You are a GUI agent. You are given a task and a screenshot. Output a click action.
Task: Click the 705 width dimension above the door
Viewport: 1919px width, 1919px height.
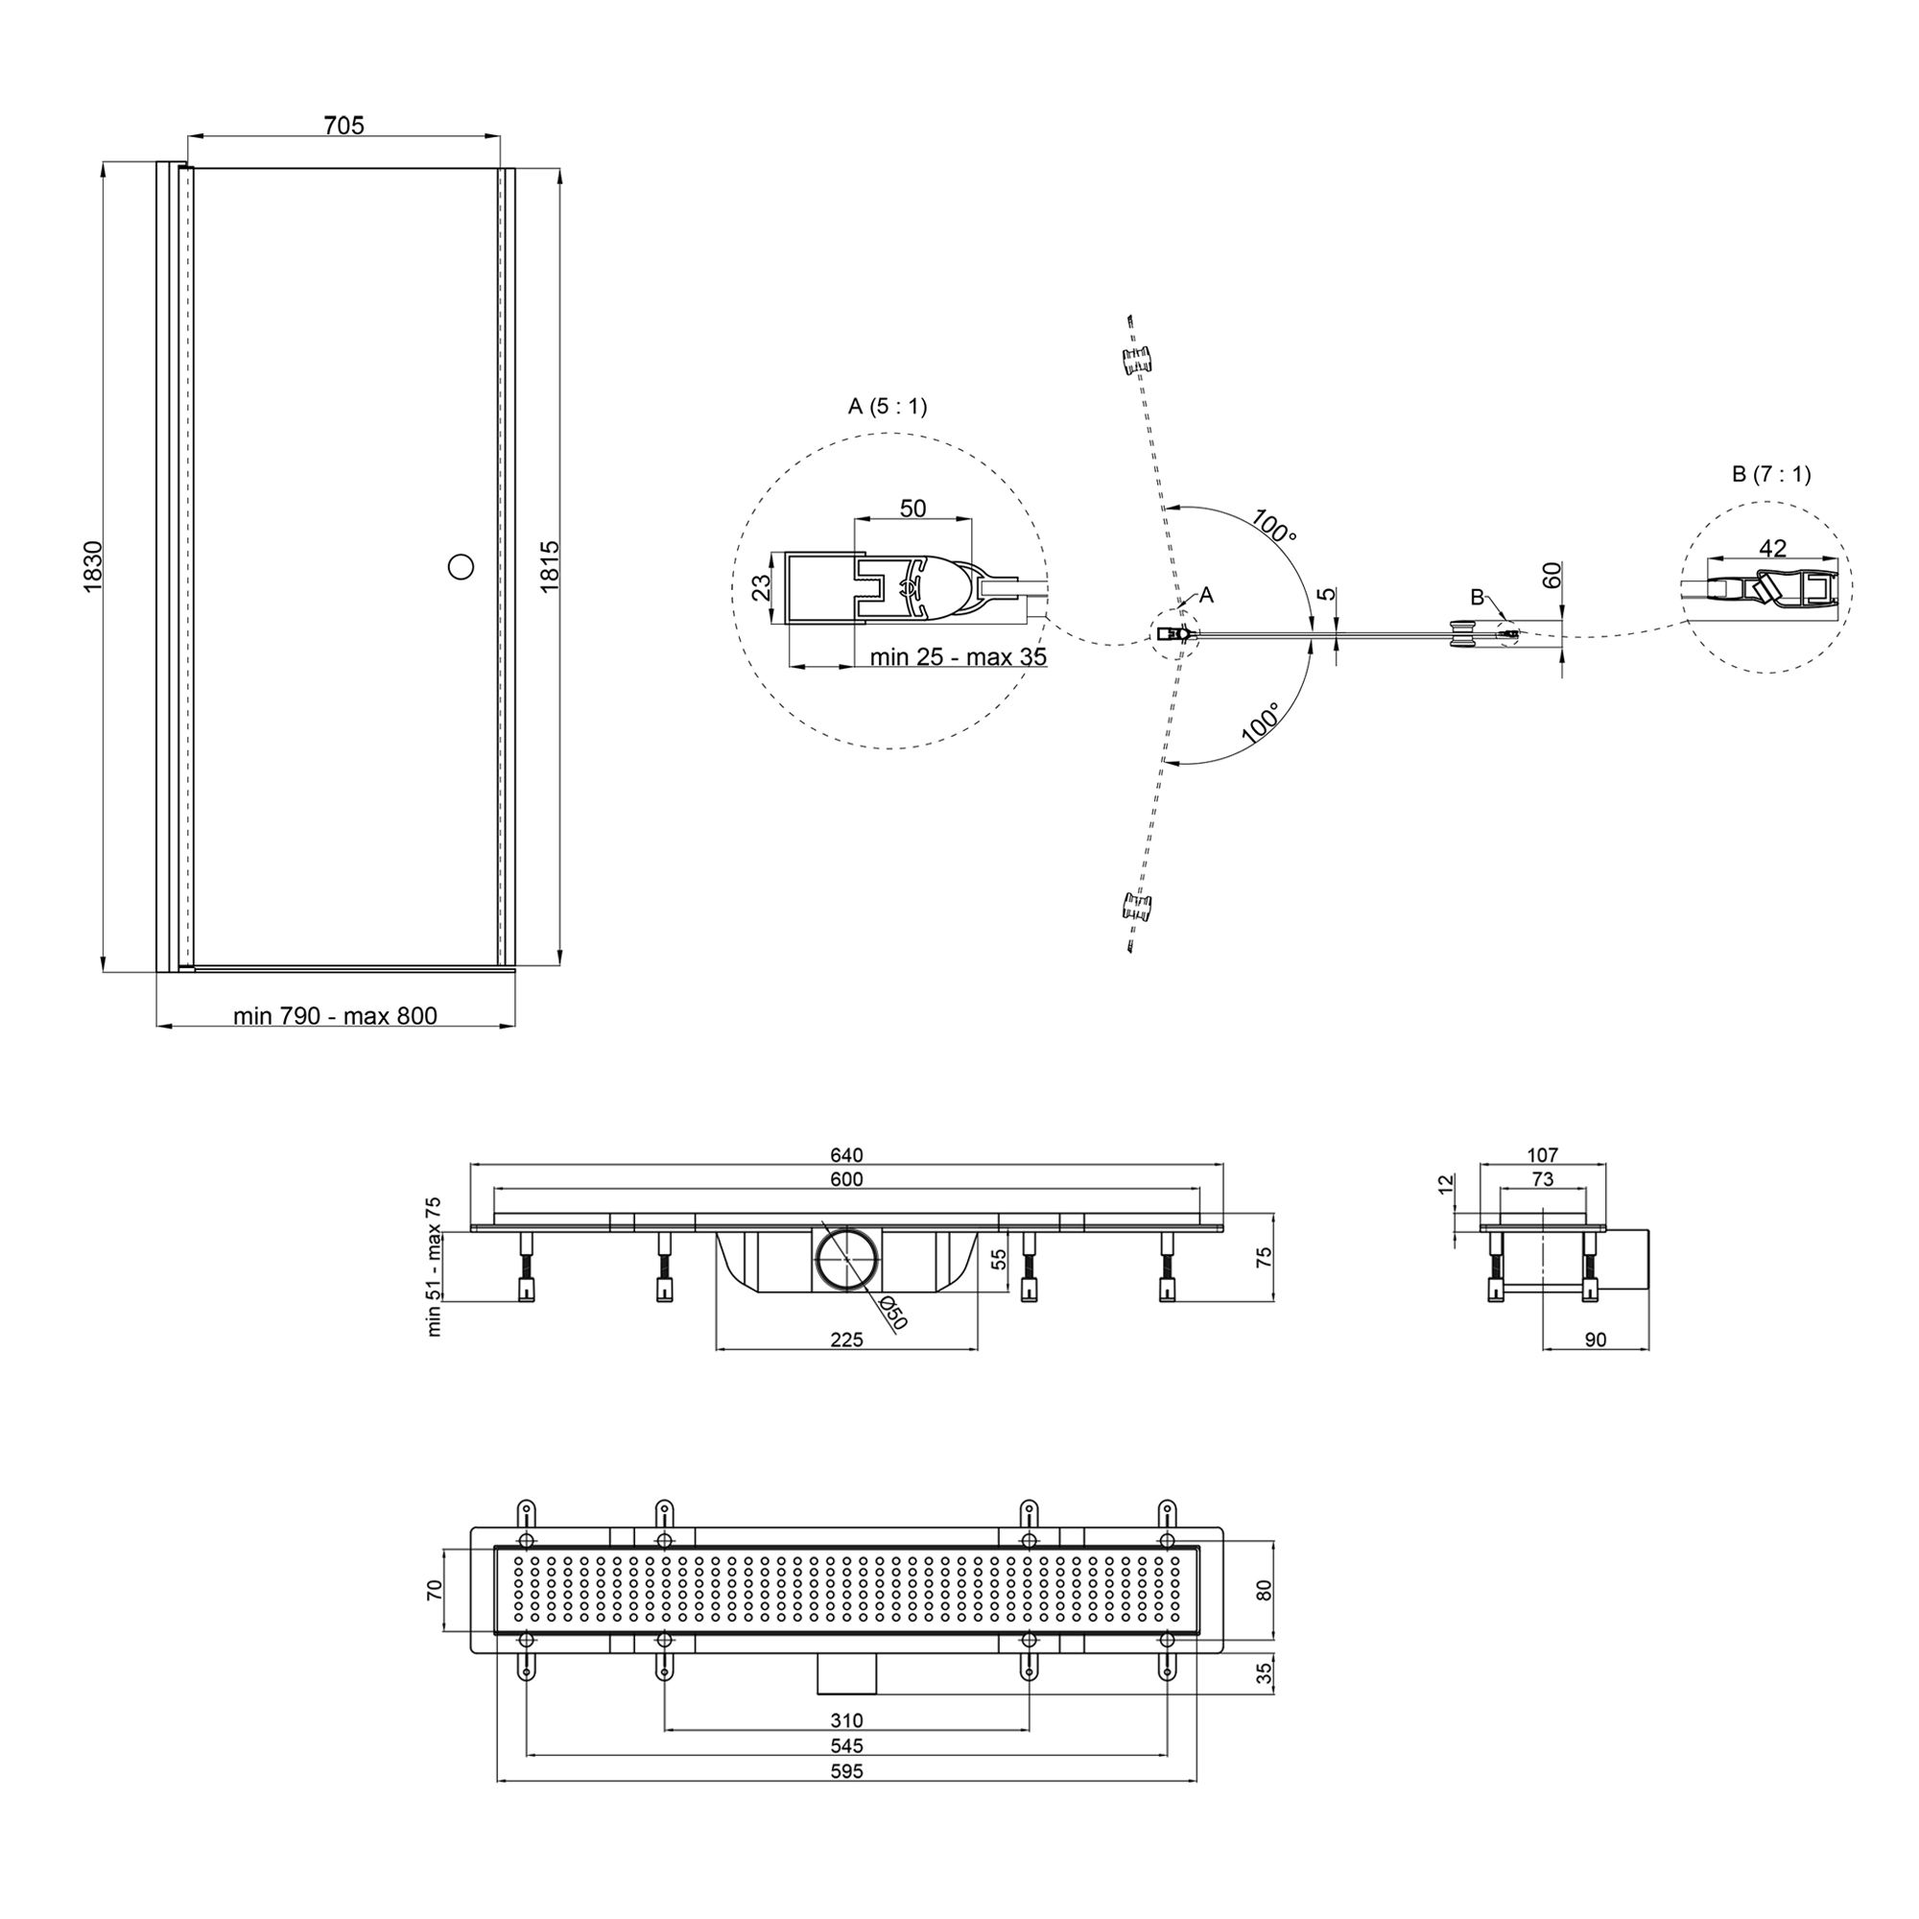[344, 125]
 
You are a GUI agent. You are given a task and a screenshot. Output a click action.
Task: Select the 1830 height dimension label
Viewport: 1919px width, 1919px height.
[92, 567]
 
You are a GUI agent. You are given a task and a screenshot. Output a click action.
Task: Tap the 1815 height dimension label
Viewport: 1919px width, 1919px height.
[550, 567]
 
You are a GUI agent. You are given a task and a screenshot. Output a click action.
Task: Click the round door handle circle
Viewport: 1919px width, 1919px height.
[461, 567]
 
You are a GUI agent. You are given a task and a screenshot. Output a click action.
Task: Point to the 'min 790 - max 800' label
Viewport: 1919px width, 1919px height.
[335, 1015]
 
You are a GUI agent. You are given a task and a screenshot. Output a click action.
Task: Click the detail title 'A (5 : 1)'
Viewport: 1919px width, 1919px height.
[887, 405]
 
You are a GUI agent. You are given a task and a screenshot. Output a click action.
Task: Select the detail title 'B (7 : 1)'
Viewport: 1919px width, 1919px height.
[1771, 474]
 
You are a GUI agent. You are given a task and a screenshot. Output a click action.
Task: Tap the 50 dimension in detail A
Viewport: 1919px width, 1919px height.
[912, 508]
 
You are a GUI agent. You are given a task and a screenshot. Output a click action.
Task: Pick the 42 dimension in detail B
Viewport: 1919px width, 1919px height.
[1772, 547]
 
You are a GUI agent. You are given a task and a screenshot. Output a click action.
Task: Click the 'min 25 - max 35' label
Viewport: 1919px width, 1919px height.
[958, 656]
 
